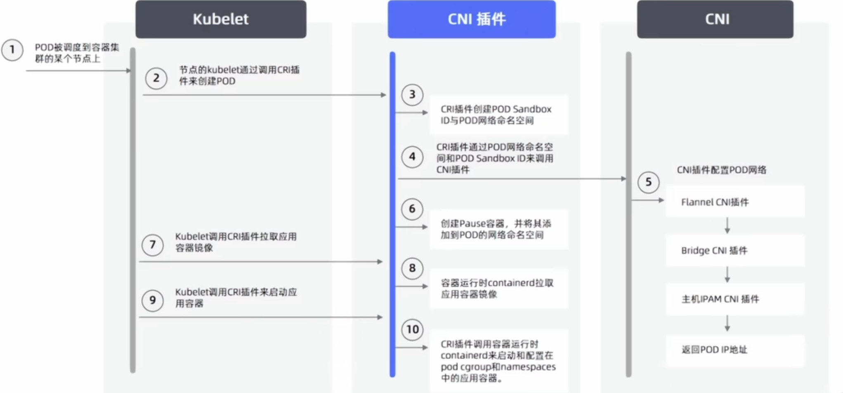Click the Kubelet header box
pos(221,19)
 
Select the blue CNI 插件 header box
pos(471,19)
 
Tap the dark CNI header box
pos(715,19)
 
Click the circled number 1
pos(12,50)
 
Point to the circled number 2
pos(156,78)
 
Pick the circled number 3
pos(412,95)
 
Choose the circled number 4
pos(412,157)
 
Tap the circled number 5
pos(648,182)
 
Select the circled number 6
pos(412,209)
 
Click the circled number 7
pos(153,245)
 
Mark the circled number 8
pos(412,268)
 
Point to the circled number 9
pos(153,300)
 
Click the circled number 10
pos(412,329)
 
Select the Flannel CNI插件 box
pos(734,202)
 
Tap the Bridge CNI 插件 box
pos(734,250)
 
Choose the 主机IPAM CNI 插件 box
pos(734,299)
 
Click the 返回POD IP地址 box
pos(734,350)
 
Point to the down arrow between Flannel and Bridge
pos(727,226)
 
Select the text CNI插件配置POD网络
pos(721,170)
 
